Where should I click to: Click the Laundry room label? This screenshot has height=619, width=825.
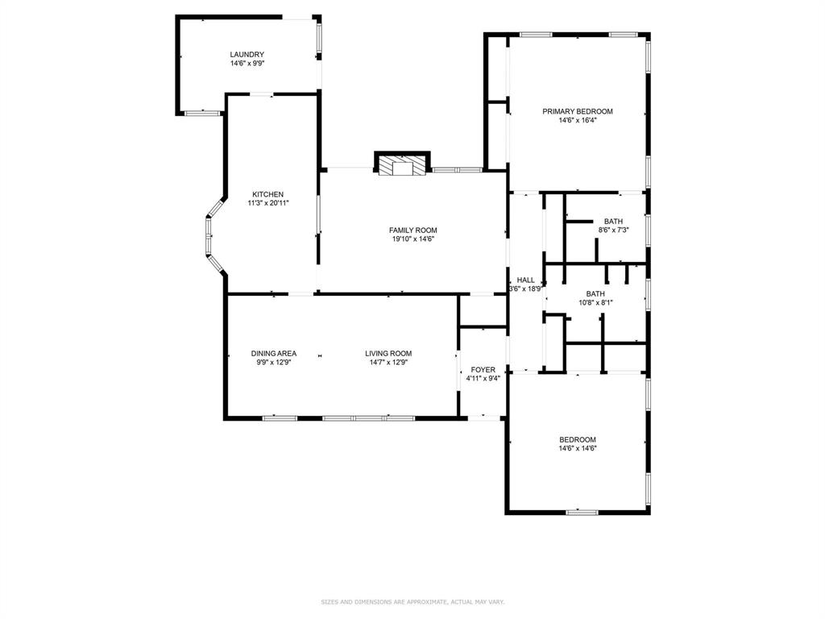click(247, 54)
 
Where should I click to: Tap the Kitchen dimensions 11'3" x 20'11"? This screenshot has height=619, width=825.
click(268, 203)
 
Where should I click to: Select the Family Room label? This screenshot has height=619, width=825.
click(413, 230)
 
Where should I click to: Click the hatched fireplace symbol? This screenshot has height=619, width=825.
click(403, 165)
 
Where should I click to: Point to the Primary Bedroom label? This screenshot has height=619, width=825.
click(578, 111)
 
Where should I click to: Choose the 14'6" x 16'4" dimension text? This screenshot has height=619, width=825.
click(578, 120)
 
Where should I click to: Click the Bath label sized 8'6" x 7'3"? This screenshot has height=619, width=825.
click(613, 221)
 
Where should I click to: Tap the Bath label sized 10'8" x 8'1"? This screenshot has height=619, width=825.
click(595, 293)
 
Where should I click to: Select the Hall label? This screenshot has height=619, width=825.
click(525, 280)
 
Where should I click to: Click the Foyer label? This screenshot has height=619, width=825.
click(483, 369)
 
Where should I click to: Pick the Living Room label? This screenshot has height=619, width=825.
click(389, 353)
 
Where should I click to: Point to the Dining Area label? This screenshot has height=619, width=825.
click(274, 353)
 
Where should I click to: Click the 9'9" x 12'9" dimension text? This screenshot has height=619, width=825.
click(274, 362)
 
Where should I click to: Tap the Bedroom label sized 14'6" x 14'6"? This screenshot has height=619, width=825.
click(578, 439)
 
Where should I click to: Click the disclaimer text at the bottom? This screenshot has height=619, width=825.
click(412, 601)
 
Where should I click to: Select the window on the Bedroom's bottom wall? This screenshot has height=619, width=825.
click(582, 512)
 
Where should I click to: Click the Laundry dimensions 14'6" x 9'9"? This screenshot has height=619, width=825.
click(247, 63)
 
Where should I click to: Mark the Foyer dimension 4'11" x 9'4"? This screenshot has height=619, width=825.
click(483, 379)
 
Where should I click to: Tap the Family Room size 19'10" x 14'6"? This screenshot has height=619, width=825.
click(413, 239)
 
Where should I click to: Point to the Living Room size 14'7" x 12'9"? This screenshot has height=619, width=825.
click(389, 362)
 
